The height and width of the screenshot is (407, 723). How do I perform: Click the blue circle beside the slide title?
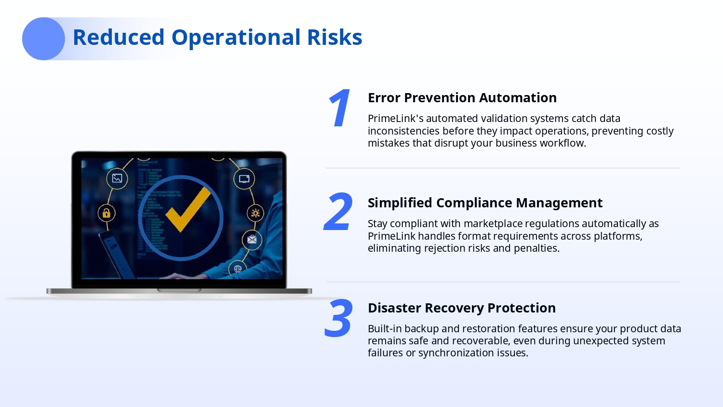[43, 39]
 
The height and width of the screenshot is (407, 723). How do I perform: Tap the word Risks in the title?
[335, 37]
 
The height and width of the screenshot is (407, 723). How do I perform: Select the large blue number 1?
[339, 108]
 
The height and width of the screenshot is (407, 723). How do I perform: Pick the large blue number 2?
[338, 212]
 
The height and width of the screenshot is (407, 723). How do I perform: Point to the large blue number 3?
[338, 318]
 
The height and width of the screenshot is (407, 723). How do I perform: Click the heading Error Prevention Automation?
[462, 97]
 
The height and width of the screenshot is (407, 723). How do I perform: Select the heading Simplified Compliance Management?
[485, 203]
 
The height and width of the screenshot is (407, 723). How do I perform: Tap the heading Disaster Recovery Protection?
[462, 308]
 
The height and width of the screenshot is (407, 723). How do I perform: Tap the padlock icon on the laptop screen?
[107, 213]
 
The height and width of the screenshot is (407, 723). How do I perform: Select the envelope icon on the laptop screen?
[252, 239]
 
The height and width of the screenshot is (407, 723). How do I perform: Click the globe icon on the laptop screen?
[238, 269]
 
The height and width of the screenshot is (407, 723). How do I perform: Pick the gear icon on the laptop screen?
[255, 213]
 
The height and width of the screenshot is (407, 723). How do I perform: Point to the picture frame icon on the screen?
[117, 178]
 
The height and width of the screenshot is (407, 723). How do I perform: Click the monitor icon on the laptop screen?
[244, 178]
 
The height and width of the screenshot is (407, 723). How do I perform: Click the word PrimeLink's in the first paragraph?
[396, 119]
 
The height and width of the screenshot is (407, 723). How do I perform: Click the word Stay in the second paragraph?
[377, 224]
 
